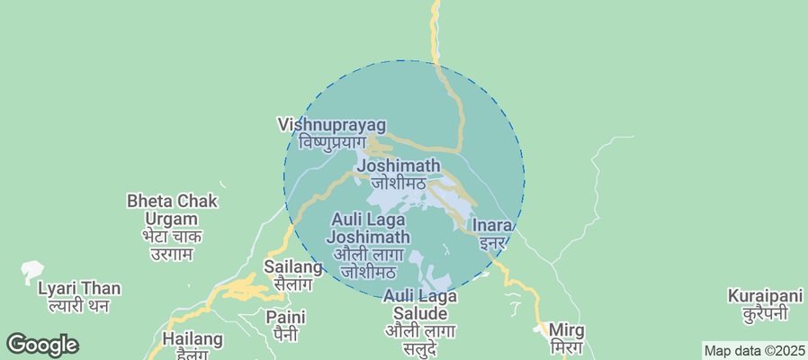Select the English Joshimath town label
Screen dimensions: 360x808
[x=399, y=166]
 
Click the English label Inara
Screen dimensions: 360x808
[x=492, y=225]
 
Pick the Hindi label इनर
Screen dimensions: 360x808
[x=492, y=242]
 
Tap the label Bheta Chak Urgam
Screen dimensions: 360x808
[x=173, y=210]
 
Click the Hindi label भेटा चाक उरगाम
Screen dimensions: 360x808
[x=173, y=245]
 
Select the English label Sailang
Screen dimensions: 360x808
[x=292, y=267]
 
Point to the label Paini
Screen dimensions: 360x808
[x=285, y=317]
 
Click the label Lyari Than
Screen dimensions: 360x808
[x=79, y=289]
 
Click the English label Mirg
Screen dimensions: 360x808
[x=566, y=330]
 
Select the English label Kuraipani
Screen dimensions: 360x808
[x=765, y=296]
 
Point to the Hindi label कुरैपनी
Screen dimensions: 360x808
[x=765, y=313]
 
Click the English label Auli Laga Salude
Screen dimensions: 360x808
[x=420, y=304]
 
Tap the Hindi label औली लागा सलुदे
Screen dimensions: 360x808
[x=420, y=339]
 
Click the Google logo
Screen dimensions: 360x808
[x=42, y=344]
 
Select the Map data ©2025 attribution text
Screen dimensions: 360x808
[x=753, y=351]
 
